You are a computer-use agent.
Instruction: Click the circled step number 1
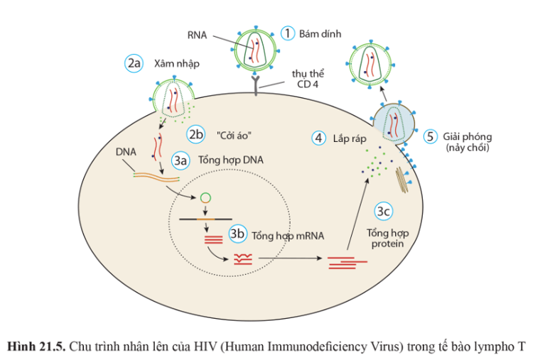[288, 33]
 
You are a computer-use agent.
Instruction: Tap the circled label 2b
[195, 133]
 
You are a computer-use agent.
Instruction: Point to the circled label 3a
[183, 160]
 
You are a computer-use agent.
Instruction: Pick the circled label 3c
[384, 212]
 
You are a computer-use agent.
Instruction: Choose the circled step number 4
[319, 138]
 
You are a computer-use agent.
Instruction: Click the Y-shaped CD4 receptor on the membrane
[257, 84]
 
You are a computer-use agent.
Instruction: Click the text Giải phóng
[466, 136]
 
